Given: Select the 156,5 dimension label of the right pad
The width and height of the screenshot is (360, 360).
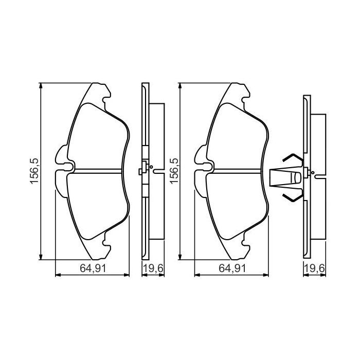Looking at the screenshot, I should pos(173,172).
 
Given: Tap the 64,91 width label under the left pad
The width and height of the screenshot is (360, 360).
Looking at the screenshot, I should pos(92,268).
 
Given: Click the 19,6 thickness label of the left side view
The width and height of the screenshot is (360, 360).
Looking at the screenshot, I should pos(150,268).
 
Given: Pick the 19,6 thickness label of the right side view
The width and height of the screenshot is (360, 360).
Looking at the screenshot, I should pos(313,268).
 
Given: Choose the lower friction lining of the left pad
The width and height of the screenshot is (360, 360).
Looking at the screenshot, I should pos(98,206).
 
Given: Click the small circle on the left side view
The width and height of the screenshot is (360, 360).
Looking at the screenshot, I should pos(147,166).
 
